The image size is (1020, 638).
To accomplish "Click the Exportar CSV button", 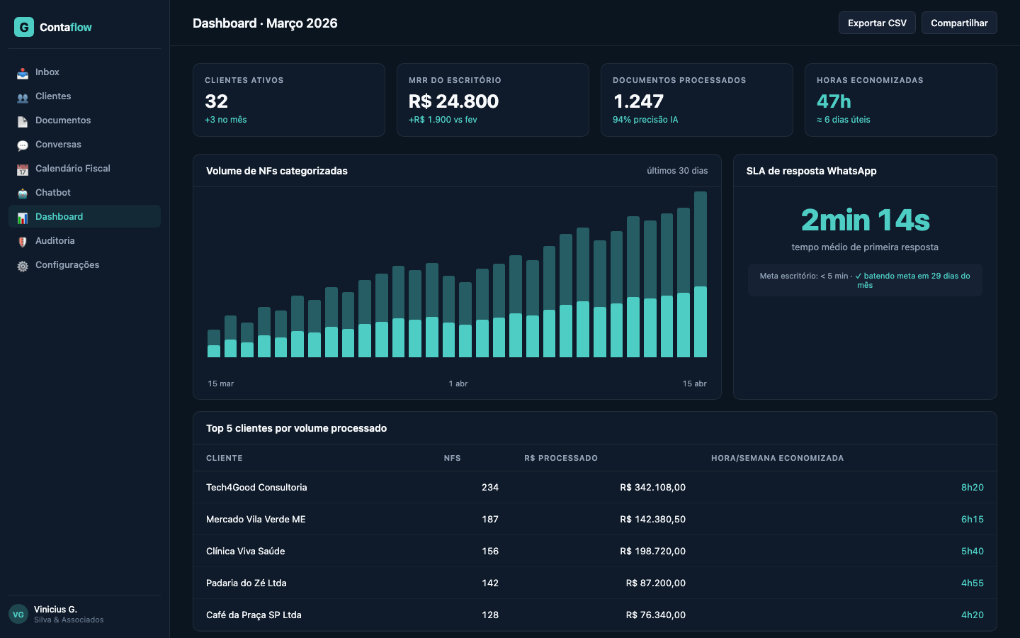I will click(877, 23).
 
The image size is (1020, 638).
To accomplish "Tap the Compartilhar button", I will click(959, 23).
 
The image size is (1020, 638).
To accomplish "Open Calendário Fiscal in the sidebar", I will click(72, 169).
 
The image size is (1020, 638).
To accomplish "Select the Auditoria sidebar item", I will click(55, 241).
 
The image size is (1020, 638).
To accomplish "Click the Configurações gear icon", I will click(23, 266).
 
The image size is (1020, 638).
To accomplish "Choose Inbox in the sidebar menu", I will click(47, 72).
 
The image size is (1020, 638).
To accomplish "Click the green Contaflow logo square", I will click(24, 27).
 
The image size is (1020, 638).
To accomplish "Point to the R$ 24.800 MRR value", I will click(453, 101).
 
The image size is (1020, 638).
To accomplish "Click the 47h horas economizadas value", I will click(834, 101).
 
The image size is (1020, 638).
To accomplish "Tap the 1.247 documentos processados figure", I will click(638, 101).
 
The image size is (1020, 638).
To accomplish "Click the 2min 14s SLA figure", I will click(865, 220).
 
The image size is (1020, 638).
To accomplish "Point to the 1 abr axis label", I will click(458, 384).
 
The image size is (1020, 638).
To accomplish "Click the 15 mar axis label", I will click(221, 384).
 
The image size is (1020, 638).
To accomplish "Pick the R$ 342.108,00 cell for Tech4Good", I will click(652, 488).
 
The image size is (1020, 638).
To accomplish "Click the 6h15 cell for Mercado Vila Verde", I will click(972, 520).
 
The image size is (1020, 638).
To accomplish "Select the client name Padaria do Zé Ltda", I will click(246, 583).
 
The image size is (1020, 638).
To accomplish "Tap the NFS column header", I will click(452, 458).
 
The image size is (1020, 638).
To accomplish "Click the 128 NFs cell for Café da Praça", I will click(490, 615).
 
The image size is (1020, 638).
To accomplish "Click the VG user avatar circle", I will click(18, 614).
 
